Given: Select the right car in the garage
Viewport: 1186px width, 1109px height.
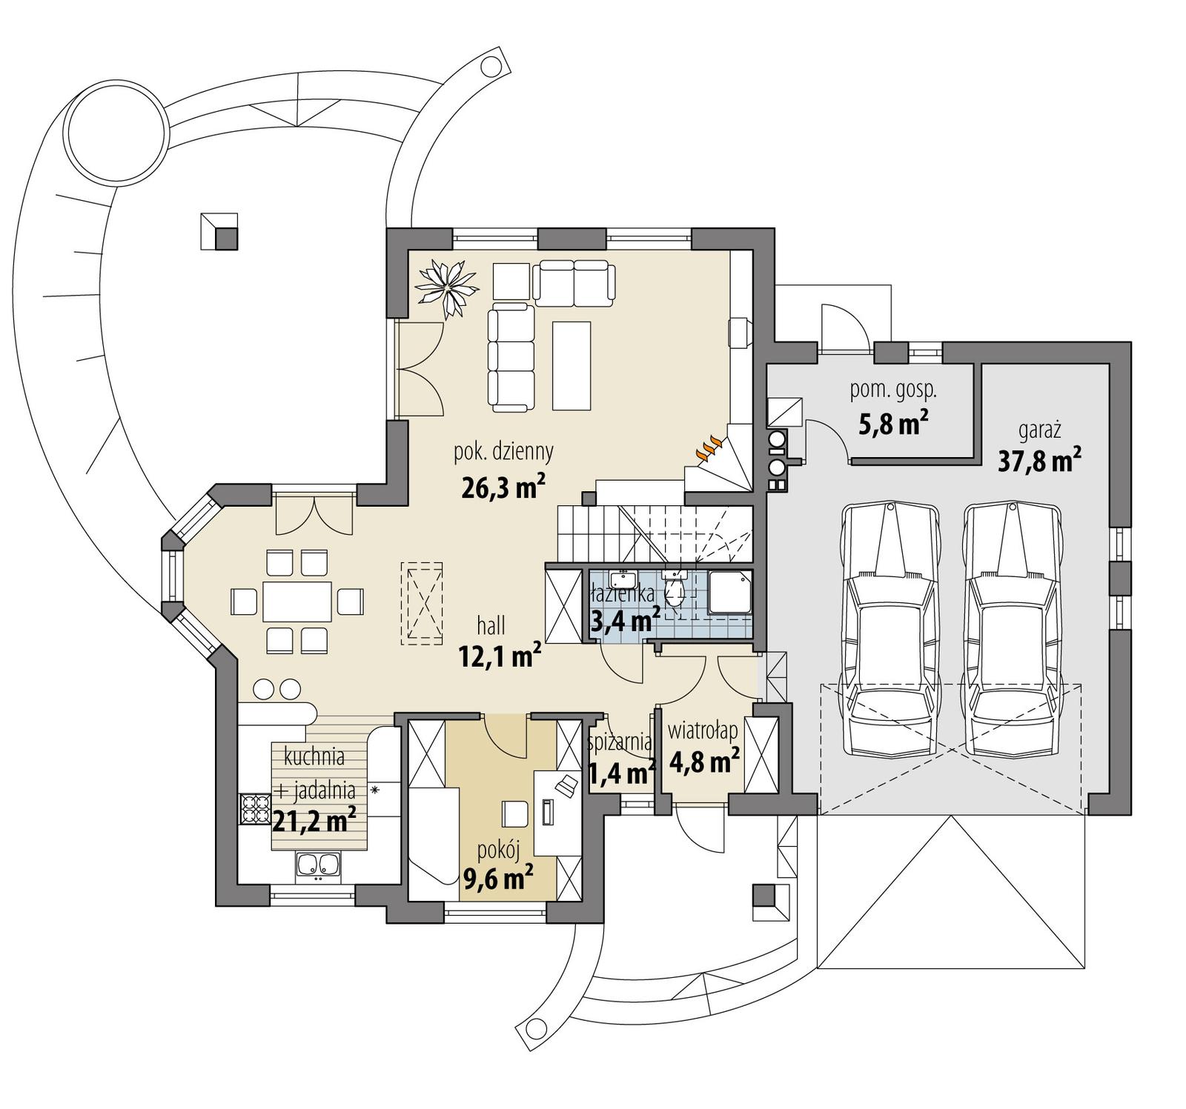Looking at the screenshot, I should point(1013,630).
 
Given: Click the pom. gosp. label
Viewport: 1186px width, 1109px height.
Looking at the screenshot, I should point(893,390).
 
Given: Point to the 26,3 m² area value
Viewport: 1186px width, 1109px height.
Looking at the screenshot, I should point(503,487).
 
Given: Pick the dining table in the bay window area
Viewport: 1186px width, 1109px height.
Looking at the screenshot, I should point(296,601).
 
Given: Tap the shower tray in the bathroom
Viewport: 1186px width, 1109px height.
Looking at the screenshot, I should point(730,592).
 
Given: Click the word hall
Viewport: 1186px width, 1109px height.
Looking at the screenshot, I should point(491,626).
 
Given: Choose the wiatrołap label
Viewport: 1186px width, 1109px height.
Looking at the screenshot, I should point(703,731).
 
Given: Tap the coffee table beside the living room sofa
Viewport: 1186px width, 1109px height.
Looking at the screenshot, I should point(572,365).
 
